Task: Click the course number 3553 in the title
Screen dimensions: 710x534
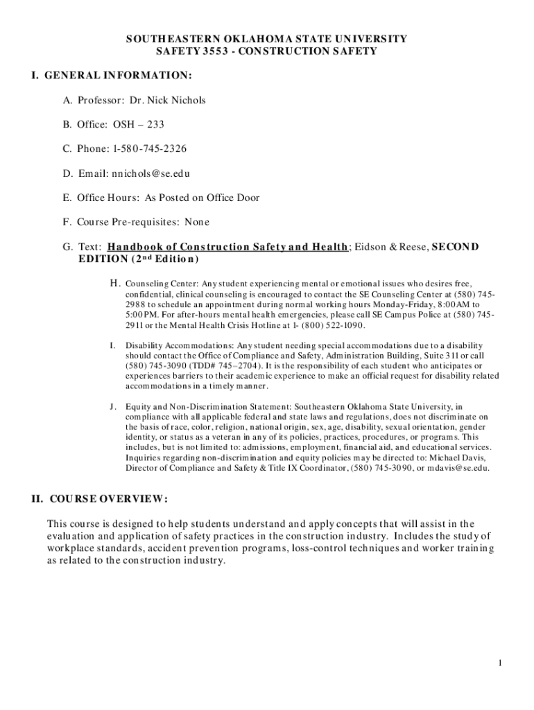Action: (x=212, y=51)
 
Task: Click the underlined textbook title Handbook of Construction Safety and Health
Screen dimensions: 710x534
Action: (x=227, y=247)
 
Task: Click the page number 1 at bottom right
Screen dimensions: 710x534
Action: (x=499, y=663)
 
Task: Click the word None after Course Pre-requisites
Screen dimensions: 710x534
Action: (x=196, y=222)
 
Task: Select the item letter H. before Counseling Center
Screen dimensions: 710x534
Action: (x=115, y=283)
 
